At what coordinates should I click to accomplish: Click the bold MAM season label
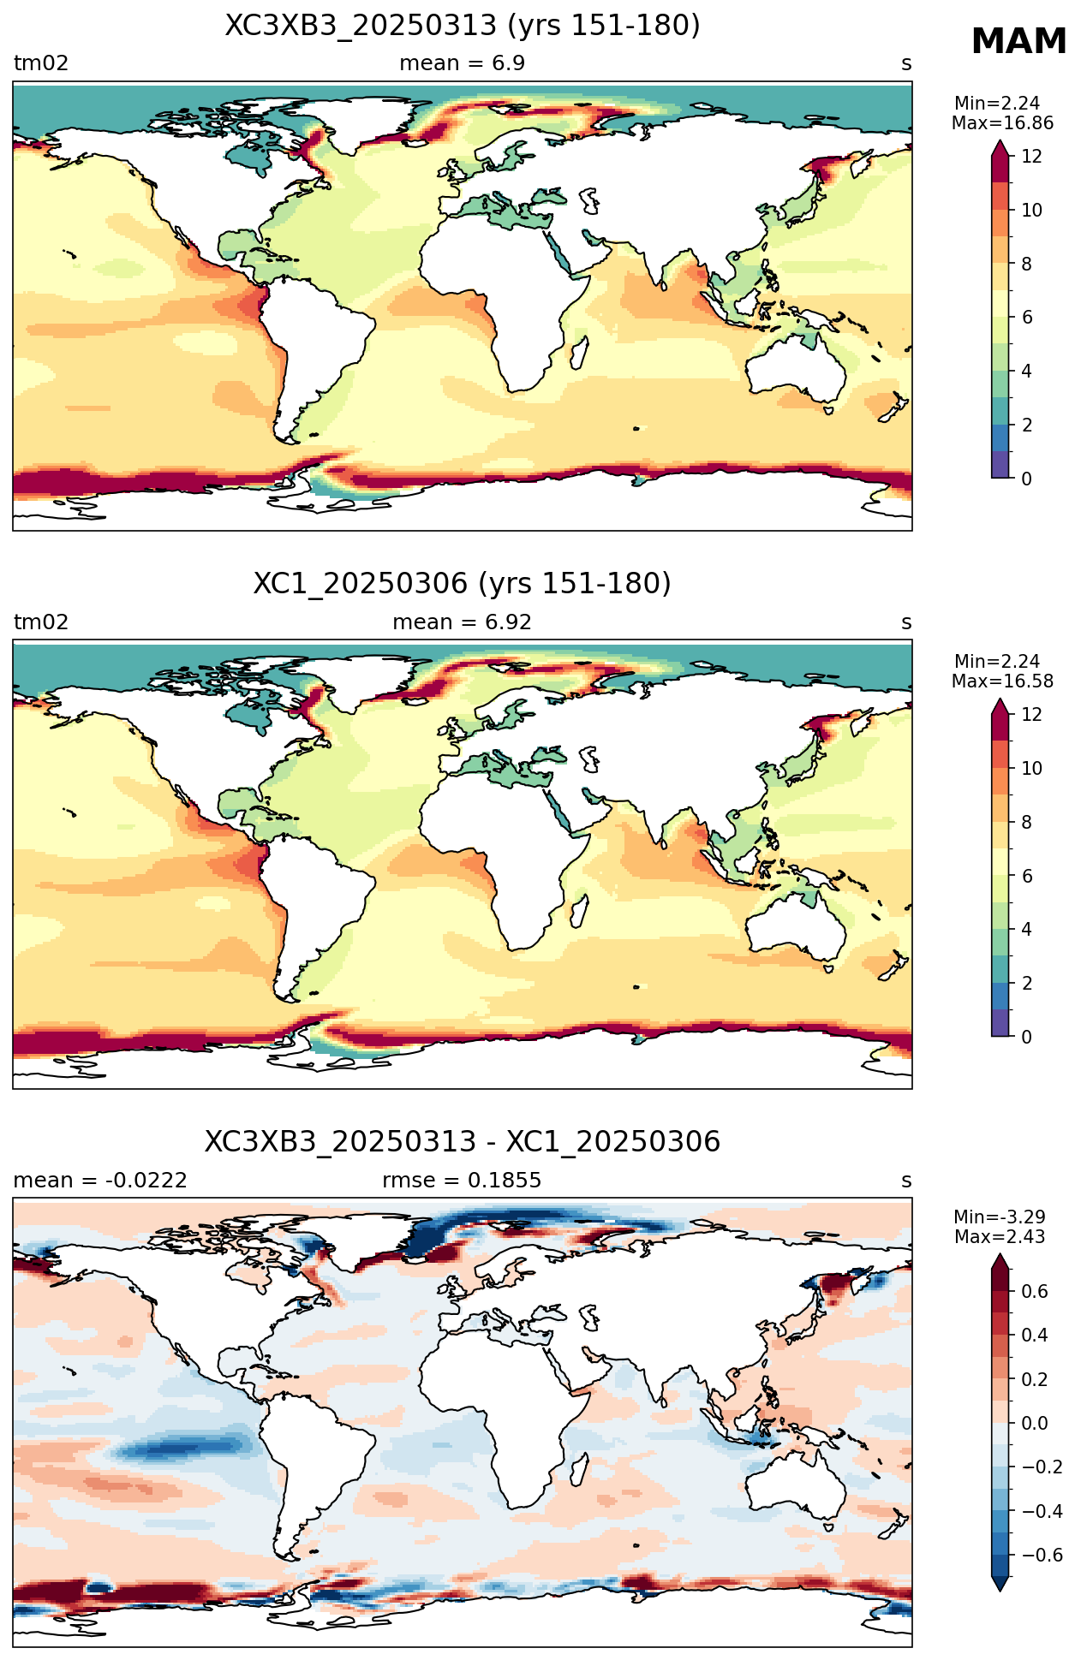pos(1018,42)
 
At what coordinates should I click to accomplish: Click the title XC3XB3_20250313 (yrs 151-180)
pos(463,26)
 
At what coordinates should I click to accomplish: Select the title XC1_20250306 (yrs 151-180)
pos(463,584)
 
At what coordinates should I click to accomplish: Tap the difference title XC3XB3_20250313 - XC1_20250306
pos(463,1142)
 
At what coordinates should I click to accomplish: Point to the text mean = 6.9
pos(463,63)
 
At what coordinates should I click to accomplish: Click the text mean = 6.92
pos(463,622)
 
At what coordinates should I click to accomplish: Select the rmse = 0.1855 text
pos(462,1181)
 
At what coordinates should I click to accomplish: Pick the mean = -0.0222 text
pos(100,1181)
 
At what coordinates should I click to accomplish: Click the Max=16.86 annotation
pos(1002,123)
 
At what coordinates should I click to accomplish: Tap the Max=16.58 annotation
pos(1002,681)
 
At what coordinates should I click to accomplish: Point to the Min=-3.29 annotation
pos(1000,1217)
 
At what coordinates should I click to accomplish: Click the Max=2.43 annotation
pos(1000,1237)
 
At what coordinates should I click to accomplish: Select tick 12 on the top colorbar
pos(1032,156)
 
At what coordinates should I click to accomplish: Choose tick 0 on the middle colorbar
pos(1027,1037)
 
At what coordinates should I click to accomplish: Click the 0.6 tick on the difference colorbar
pos(1036,1292)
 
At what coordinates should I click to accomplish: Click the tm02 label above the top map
pos(41,63)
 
